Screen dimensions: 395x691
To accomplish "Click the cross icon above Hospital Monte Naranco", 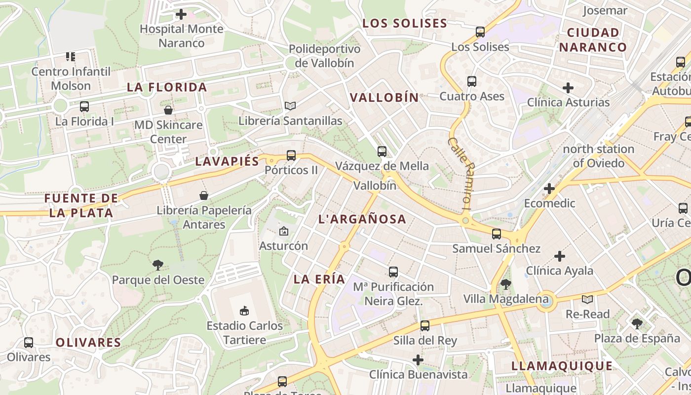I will click(181, 14).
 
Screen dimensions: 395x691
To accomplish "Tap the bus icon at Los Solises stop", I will click(480, 33).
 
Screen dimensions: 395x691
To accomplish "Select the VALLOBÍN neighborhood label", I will click(384, 98).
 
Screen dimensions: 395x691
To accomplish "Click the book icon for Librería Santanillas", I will click(290, 106).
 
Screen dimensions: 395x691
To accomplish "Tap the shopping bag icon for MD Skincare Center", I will click(168, 110).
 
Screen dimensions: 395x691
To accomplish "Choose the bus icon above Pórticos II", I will click(291, 156).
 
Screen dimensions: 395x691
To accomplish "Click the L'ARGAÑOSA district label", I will click(362, 219).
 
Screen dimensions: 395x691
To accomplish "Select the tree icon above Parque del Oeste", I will click(158, 265).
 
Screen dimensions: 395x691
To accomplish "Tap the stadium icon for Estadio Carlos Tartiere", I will click(244, 311).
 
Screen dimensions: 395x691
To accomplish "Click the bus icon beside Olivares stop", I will click(29, 342).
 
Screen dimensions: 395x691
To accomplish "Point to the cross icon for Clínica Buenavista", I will click(418, 360).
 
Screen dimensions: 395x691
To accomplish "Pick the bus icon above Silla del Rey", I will click(425, 326).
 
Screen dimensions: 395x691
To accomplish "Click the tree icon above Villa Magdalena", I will click(505, 284).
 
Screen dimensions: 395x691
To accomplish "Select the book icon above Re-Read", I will click(587, 299).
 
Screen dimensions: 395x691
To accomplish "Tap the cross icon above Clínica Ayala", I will click(559, 256).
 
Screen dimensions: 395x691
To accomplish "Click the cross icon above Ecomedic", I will click(549, 189).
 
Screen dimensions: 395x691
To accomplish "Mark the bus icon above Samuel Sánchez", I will click(497, 234).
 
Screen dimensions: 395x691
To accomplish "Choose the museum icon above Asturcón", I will click(283, 231).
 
